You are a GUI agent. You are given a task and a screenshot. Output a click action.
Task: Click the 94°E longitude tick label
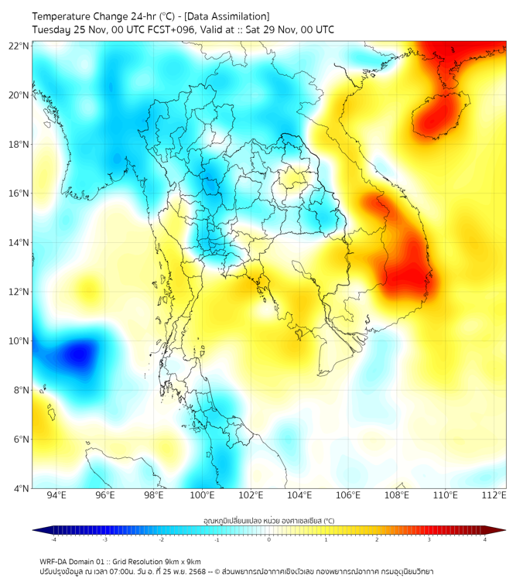[x=56, y=496]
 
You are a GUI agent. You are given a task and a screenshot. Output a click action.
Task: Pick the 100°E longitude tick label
[x=202, y=496]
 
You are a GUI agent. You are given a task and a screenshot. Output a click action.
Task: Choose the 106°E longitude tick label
[x=348, y=496]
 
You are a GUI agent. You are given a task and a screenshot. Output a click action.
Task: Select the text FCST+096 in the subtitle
[x=179, y=29]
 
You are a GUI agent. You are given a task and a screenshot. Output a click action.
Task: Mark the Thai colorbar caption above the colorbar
[x=268, y=521]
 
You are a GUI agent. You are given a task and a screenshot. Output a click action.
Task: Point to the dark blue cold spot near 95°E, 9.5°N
[x=78, y=355]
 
